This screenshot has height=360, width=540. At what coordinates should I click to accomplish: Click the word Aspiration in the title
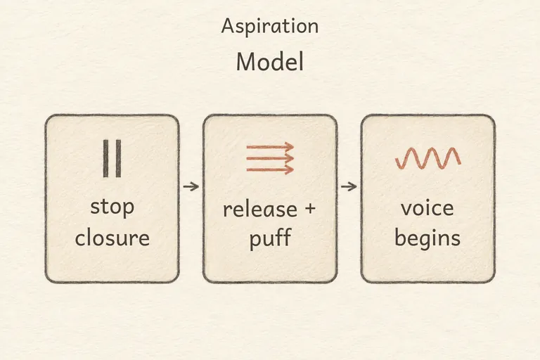click(270, 27)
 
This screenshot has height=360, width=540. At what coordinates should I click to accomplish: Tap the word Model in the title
click(270, 62)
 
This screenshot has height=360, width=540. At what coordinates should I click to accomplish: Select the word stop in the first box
click(112, 207)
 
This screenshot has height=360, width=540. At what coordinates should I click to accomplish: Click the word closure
click(112, 237)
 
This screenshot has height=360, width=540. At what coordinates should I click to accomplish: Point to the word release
click(260, 209)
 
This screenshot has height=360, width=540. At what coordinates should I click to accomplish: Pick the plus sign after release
click(310, 207)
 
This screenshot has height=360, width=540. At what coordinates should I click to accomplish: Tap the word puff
click(270, 238)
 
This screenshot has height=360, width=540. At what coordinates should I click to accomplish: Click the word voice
click(427, 207)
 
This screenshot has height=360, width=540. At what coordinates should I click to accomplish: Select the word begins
click(427, 238)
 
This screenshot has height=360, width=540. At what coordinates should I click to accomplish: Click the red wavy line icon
click(427, 158)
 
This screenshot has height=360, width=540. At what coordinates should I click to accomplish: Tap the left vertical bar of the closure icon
click(105, 158)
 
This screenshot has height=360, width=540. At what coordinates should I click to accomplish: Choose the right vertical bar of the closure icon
click(118, 158)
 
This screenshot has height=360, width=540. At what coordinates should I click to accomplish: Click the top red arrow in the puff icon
click(270, 147)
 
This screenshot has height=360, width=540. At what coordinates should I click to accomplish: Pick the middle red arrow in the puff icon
click(270, 158)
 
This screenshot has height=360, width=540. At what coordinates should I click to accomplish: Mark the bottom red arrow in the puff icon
click(270, 169)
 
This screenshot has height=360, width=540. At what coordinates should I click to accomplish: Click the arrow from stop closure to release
click(191, 187)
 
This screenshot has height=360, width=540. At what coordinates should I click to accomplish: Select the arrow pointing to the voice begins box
click(349, 187)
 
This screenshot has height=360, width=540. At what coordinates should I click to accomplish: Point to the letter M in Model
click(245, 62)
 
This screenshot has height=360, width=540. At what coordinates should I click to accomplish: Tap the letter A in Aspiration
click(228, 26)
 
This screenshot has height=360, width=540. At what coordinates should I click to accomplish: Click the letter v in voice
click(406, 210)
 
